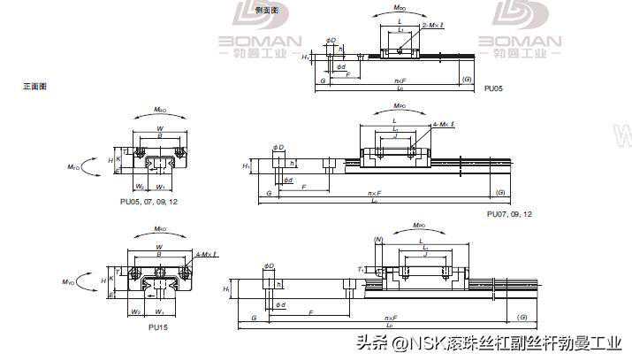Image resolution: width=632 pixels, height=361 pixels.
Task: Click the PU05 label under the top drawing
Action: [x=494, y=88]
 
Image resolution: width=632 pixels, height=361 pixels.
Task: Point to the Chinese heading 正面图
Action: [x=34, y=86]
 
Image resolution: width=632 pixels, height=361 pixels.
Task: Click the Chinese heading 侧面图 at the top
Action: [x=266, y=11]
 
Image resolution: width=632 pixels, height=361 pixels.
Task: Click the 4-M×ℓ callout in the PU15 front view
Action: [x=204, y=256]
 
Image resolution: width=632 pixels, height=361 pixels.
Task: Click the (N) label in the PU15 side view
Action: [x=378, y=240]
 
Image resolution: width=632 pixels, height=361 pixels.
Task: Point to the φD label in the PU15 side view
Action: [x=269, y=266]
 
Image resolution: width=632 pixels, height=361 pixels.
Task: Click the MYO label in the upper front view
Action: [x=74, y=165]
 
